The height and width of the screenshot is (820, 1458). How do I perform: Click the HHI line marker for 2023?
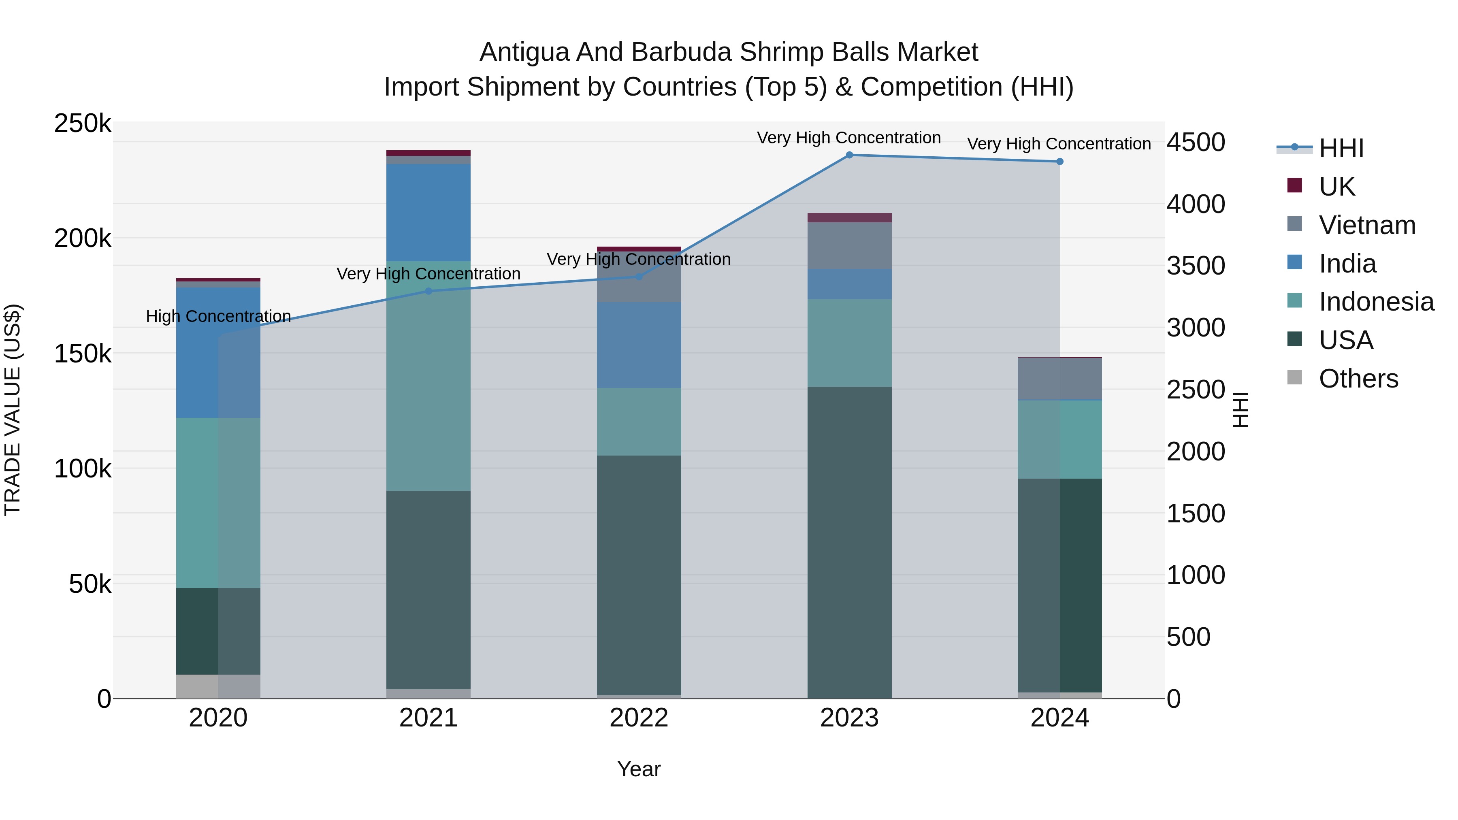click(849, 155)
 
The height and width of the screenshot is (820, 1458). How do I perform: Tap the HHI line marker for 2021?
click(428, 292)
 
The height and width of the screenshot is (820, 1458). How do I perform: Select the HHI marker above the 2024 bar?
click(1059, 162)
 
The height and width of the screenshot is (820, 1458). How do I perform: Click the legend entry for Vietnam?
click(1366, 225)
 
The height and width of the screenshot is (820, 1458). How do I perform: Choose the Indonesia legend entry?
click(1375, 302)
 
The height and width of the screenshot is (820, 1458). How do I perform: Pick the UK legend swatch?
click(1294, 185)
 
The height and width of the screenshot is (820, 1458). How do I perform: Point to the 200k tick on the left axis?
click(83, 238)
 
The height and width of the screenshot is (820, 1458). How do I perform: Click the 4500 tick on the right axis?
click(1196, 142)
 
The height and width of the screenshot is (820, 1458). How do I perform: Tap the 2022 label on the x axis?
click(638, 718)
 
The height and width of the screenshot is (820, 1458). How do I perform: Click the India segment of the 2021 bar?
click(428, 212)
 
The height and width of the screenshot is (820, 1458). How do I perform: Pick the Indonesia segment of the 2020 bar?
click(218, 503)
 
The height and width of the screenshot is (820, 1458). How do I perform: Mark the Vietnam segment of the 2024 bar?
click(1059, 379)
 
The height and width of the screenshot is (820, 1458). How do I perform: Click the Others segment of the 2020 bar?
click(218, 686)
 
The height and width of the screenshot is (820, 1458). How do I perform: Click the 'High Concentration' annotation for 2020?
click(218, 316)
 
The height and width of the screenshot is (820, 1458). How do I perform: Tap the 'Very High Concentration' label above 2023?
click(848, 138)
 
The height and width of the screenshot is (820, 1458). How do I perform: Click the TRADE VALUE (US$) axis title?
click(13, 410)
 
